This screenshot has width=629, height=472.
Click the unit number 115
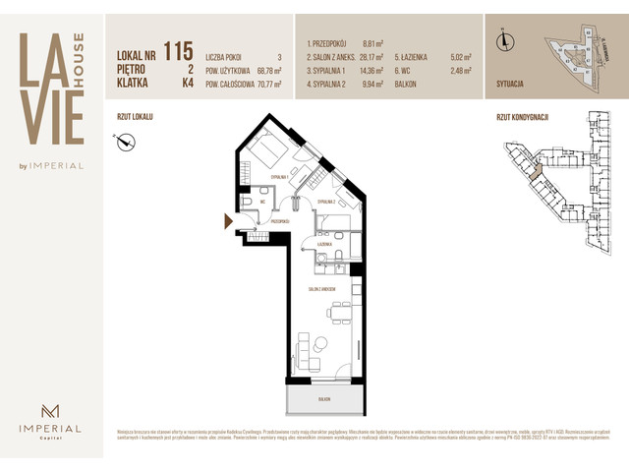pyautogui.click(x=178, y=50)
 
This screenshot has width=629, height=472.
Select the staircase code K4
pyautogui.click(x=186, y=85)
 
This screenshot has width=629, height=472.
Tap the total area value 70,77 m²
pyautogui.click(x=262, y=85)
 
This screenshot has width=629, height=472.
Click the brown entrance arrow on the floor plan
pyautogui.click(x=229, y=222)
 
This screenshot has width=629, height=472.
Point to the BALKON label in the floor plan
pyautogui.click(x=321, y=400)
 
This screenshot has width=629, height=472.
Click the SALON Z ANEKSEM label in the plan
pyautogui.click(x=321, y=289)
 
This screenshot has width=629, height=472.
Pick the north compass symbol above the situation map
pyautogui.click(x=506, y=40)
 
